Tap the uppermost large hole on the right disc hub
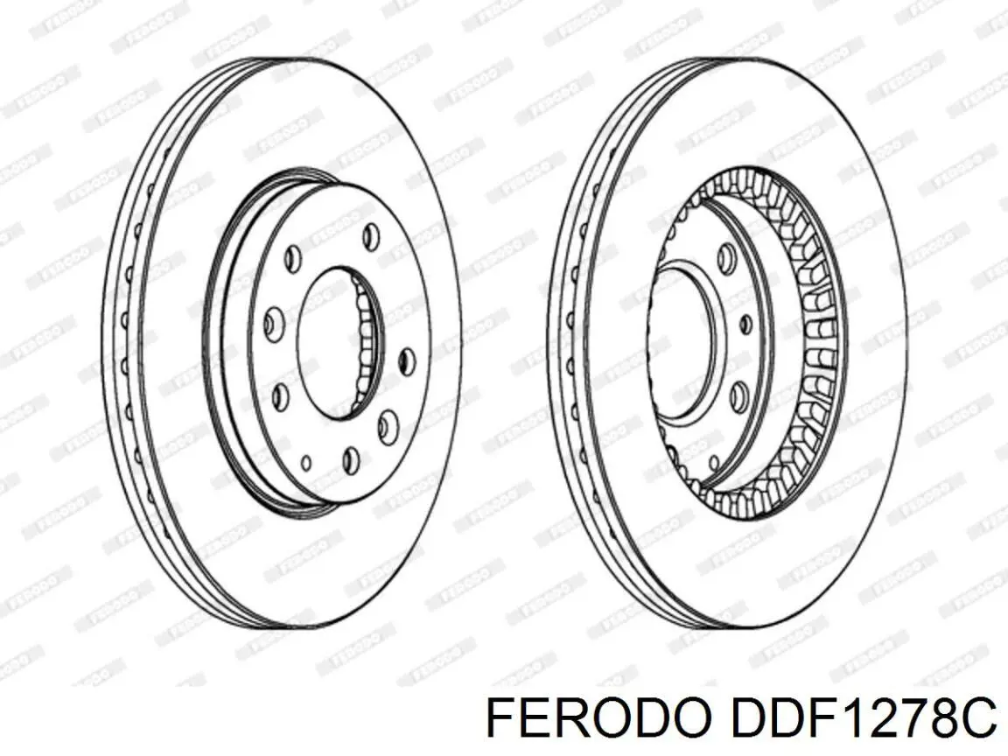click(725, 255)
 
